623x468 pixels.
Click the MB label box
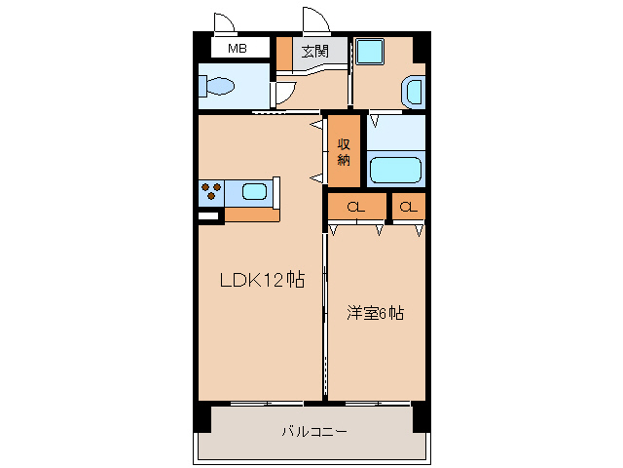[237, 48]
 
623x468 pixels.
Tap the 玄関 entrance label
[313, 51]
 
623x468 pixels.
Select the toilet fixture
[219, 87]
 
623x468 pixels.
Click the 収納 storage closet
[344, 151]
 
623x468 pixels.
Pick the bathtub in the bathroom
[396, 169]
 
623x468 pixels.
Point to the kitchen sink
[254, 191]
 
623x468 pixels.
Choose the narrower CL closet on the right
[409, 207]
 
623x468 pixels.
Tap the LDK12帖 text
[262, 281]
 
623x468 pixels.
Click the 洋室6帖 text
[377, 313]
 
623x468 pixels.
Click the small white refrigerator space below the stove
[208, 216]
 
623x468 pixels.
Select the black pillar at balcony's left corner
[202, 416]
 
